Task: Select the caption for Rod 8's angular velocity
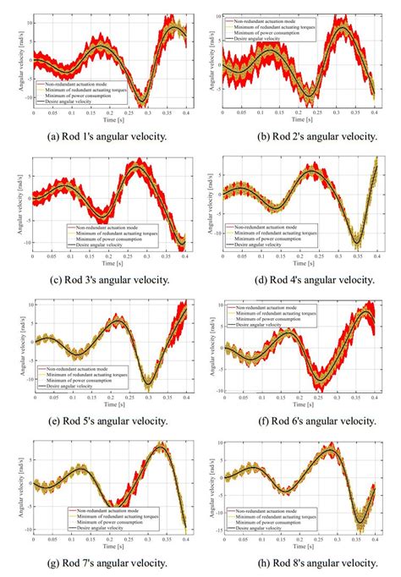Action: click(298, 563)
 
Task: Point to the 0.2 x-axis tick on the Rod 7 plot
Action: click(108, 539)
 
